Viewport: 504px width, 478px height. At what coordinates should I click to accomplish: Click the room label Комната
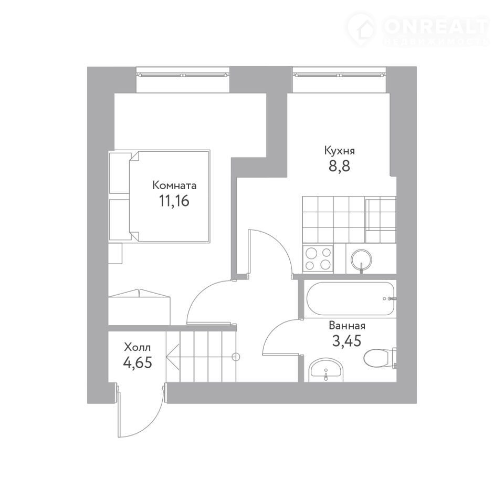pyautogui.click(x=174, y=185)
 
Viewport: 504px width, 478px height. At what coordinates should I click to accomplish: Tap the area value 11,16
pyautogui.click(x=174, y=201)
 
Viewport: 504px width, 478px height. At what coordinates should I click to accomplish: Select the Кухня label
pyautogui.click(x=340, y=151)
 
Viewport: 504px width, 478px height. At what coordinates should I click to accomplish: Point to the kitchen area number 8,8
pyautogui.click(x=340, y=166)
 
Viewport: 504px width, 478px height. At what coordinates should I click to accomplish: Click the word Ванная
pyautogui.click(x=347, y=326)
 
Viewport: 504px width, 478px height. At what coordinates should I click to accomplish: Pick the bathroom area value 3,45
pyautogui.click(x=347, y=341)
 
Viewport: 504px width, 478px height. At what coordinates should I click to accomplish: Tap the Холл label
pyautogui.click(x=137, y=347)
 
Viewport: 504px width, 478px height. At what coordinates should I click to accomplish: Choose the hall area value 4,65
pyautogui.click(x=137, y=362)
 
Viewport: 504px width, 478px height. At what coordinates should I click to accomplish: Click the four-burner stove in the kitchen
pyautogui.click(x=318, y=258)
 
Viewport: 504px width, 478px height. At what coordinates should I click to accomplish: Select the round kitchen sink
pyautogui.click(x=362, y=259)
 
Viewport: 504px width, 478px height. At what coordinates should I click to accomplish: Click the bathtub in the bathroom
pyautogui.click(x=350, y=298)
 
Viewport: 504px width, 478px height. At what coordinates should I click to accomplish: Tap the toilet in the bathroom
pyautogui.click(x=380, y=357)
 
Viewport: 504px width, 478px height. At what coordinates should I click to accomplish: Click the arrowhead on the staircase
pyautogui.click(x=173, y=357)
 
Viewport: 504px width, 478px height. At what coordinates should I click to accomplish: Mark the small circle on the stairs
pyautogui.click(x=236, y=357)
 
